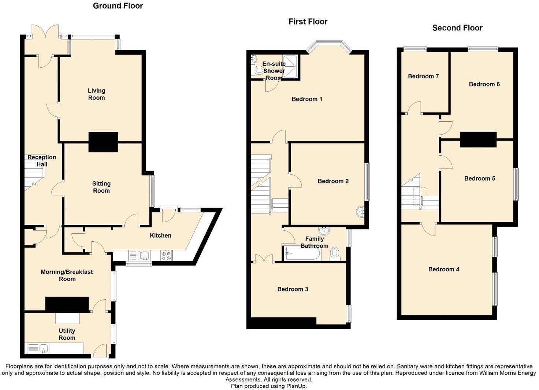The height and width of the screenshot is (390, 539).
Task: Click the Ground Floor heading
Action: coord(118,6)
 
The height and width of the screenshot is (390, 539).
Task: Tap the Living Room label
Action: coord(96,94)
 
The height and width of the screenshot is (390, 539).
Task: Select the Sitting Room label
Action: coord(101,187)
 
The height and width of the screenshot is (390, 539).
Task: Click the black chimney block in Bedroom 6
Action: coord(478,140)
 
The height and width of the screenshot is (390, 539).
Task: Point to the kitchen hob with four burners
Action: coord(166,255)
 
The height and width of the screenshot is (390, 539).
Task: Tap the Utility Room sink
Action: coord(44,348)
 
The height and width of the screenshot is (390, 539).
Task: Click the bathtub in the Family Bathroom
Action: coord(302,253)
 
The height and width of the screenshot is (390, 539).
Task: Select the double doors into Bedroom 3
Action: coord(263,259)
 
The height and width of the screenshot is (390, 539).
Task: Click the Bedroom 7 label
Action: coord(423,76)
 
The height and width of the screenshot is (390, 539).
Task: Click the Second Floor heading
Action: coord(457,28)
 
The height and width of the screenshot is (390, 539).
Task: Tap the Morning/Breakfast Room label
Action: coord(67,275)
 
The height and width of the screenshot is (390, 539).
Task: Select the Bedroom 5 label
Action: coord(480,178)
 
